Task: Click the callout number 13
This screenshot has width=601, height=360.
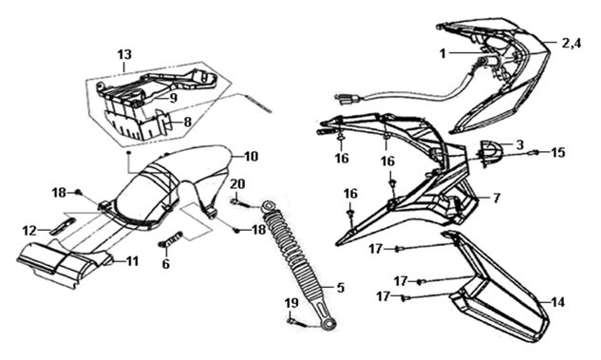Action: [x=124, y=55]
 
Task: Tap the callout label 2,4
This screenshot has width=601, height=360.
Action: [x=572, y=43]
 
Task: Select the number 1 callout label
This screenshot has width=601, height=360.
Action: [x=443, y=54]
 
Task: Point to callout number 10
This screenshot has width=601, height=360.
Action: [x=251, y=157]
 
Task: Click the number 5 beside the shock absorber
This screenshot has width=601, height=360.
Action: [x=340, y=287]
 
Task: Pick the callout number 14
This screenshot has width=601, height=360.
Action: [x=557, y=302]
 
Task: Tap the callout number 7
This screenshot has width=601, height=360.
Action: [x=497, y=199]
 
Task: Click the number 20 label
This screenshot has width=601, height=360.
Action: [x=237, y=184]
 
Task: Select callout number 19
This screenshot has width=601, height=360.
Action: [x=291, y=303]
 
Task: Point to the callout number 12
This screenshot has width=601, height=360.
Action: [x=29, y=231]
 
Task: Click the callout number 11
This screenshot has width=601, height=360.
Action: [x=132, y=261]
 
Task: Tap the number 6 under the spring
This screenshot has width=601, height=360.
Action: [x=165, y=264]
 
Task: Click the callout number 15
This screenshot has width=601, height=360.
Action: [x=558, y=153]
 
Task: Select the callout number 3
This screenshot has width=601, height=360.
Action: [x=519, y=145]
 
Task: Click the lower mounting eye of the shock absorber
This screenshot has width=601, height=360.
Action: [x=328, y=325]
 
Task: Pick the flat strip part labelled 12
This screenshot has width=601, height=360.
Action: [x=64, y=226]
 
